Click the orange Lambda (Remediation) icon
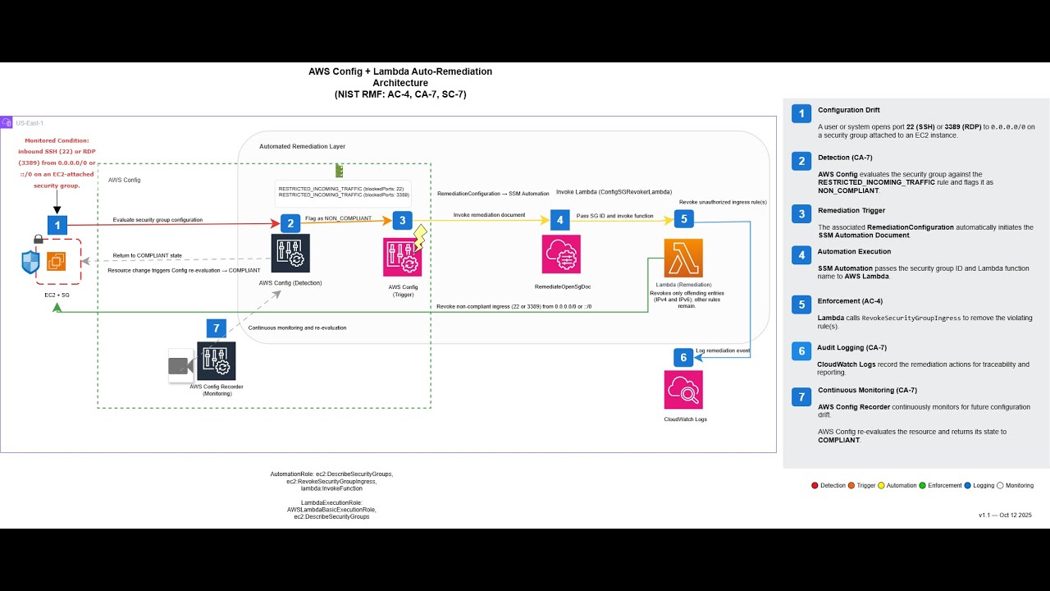coord(683,259)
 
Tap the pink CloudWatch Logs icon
coord(683,389)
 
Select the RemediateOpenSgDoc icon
coord(561,254)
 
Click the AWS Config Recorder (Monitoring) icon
coord(216,361)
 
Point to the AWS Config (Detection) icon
coord(290,253)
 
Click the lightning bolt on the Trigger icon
coord(421,238)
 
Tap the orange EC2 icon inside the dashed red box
coord(56,262)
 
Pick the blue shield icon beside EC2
coord(31,263)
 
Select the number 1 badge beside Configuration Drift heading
coord(801,114)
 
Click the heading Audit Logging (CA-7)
coord(851,347)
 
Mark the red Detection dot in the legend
coord(815,485)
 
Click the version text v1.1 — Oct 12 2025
coord(1005,515)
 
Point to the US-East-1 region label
coord(30,123)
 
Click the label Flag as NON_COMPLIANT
coord(338,218)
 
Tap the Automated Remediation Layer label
coord(302,146)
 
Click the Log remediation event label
coord(723,350)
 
